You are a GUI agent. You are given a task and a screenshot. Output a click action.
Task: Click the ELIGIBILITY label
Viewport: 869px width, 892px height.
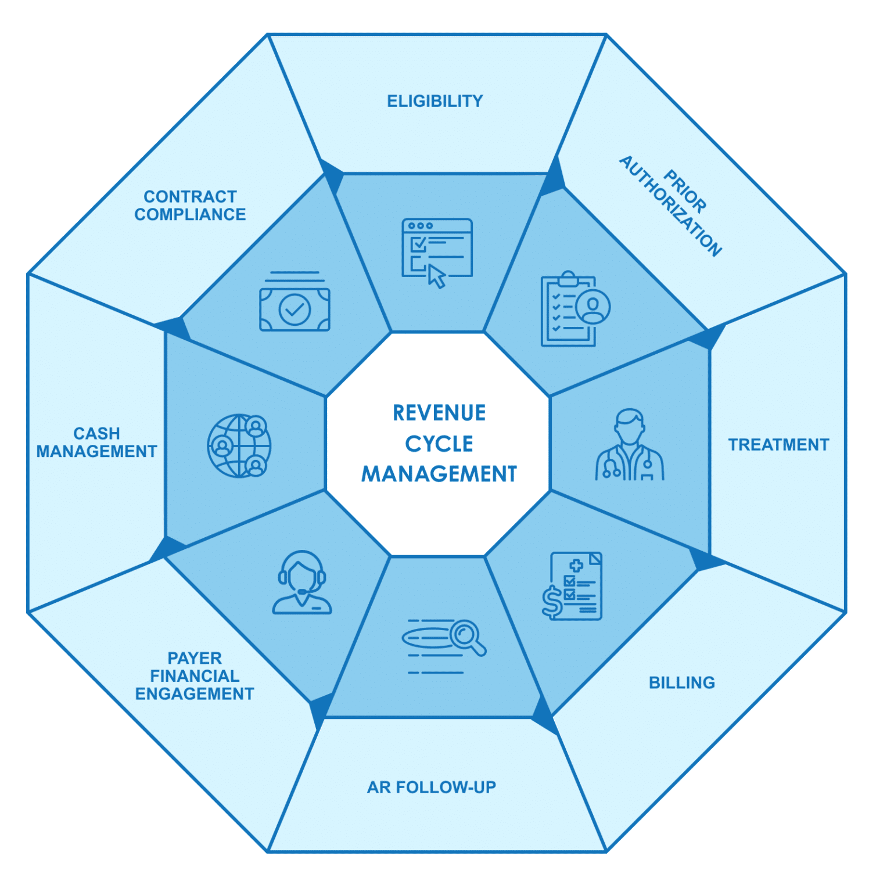[435, 101]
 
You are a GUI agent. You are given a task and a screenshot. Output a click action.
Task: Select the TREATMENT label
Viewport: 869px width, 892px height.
[778, 445]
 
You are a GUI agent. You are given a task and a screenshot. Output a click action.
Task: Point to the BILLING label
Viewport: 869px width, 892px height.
[681, 682]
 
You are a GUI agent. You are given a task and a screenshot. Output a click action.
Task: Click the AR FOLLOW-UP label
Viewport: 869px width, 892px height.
[432, 787]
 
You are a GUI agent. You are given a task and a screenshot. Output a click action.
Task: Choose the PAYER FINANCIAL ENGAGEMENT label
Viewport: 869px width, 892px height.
[195, 676]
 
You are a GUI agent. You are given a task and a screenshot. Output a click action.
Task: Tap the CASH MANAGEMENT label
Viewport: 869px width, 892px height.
[96, 443]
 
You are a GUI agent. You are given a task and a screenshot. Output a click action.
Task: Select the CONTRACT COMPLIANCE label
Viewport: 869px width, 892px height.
[190, 206]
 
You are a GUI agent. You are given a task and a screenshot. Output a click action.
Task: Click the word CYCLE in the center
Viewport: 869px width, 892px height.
[439, 444]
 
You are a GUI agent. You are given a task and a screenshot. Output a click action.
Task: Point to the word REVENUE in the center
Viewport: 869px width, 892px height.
[439, 413]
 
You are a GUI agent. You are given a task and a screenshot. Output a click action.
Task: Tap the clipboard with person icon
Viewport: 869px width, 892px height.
[574, 309]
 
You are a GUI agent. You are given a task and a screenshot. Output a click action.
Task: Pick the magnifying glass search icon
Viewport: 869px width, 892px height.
[443, 645]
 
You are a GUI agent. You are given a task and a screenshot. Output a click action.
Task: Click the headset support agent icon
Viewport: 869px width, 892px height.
[302, 582]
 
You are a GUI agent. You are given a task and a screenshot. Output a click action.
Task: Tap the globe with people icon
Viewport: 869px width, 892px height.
[239, 445]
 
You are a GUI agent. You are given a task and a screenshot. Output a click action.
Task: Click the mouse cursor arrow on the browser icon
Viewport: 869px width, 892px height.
[437, 276]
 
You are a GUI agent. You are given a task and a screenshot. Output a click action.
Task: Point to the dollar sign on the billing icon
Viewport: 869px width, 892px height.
[551, 601]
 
